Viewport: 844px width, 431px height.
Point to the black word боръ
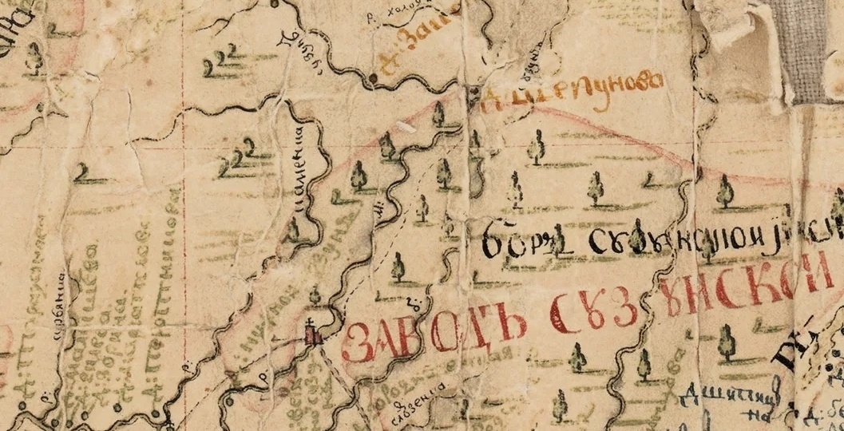click(519, 237)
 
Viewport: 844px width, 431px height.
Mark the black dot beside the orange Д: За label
click(374, 77)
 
